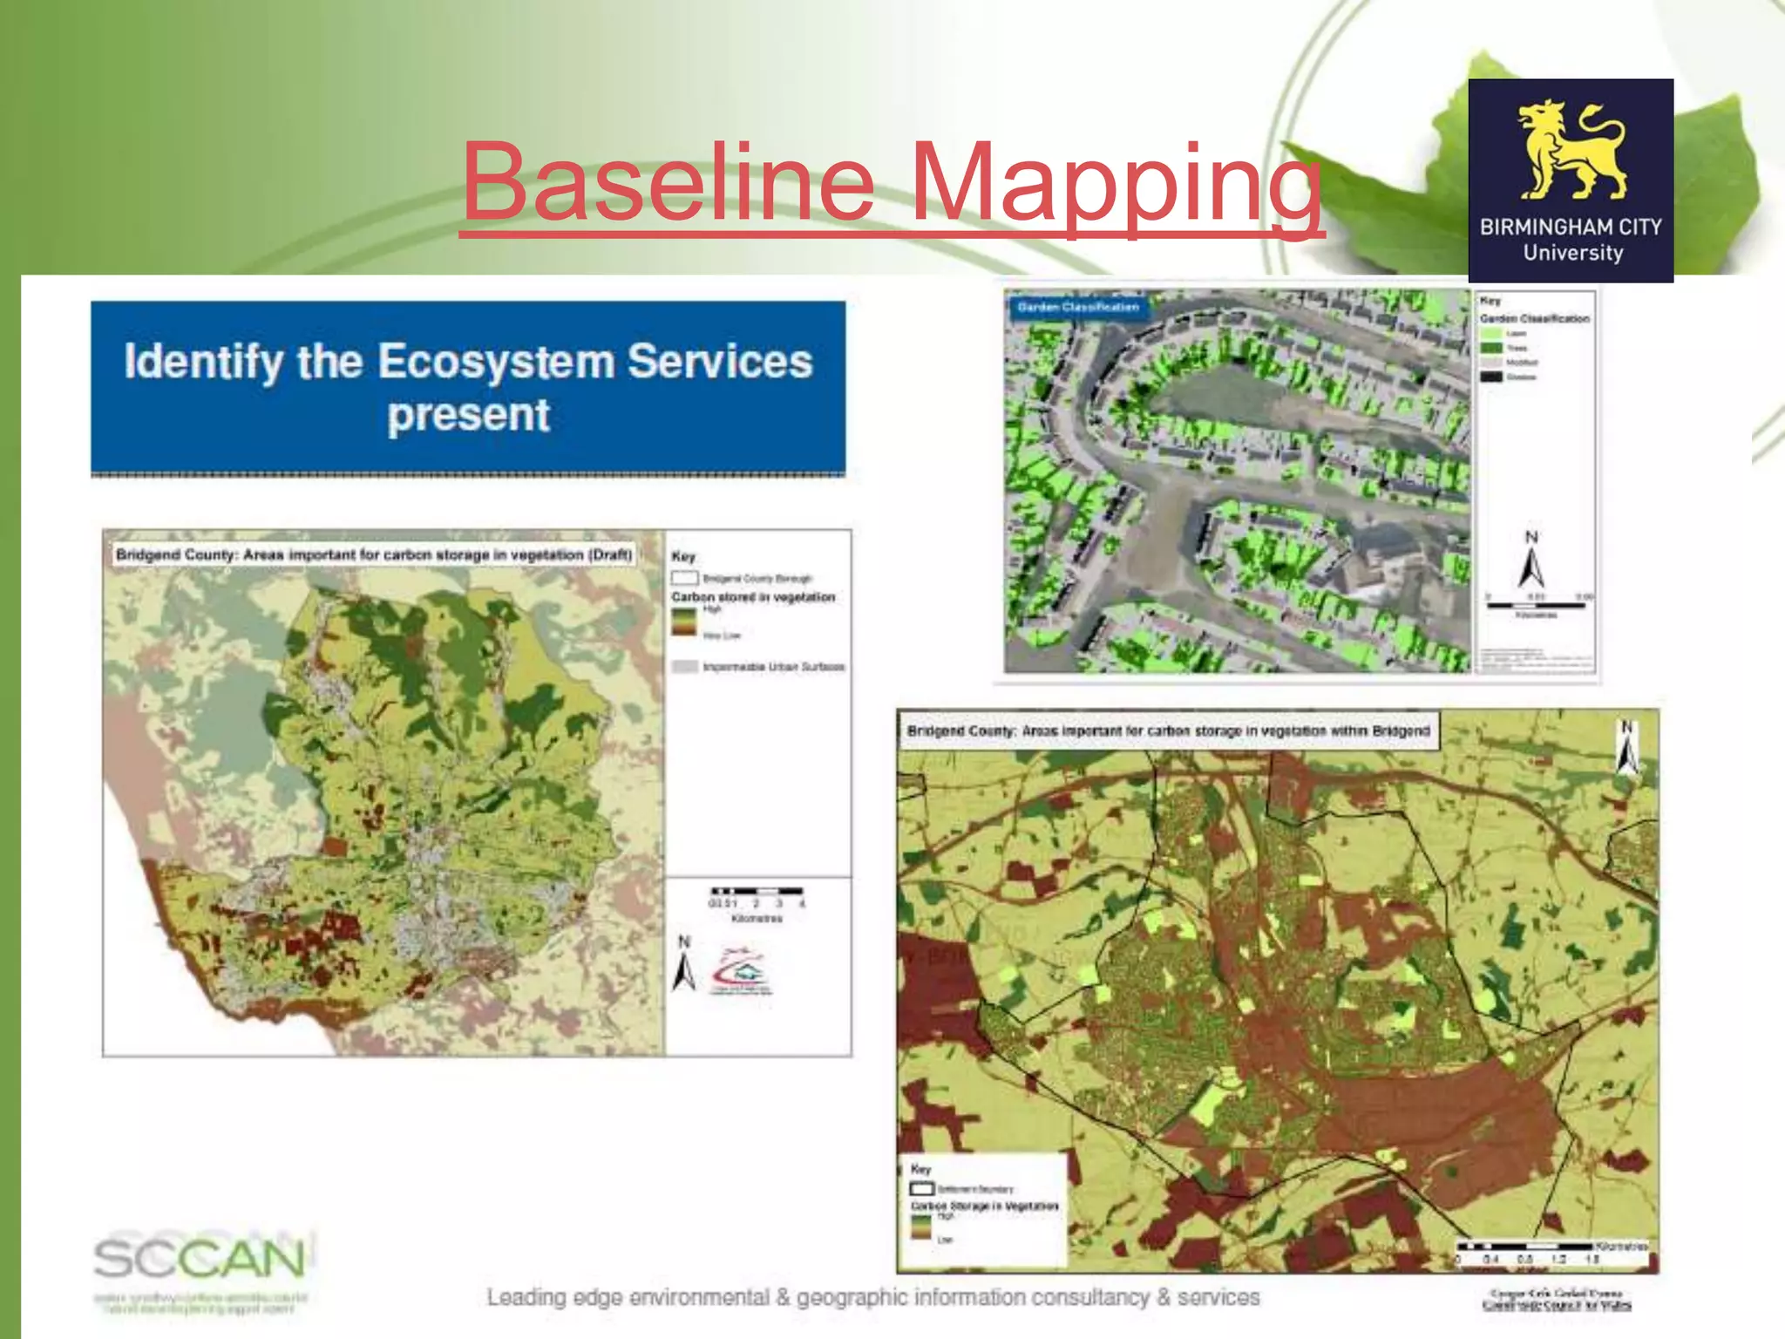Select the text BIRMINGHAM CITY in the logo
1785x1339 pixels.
(x=1571, y=227)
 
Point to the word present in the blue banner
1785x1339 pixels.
(x=468, y=415)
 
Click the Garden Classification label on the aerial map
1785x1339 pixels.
(x=1077, y=307)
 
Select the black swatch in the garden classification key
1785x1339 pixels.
(x=1491, y=377)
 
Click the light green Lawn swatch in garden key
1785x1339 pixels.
(x=1491, y=333)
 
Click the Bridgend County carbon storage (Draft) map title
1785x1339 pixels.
(x=374, y=554)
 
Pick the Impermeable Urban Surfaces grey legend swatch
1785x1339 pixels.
(x=685, y=667)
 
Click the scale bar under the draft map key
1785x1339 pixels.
(x=756, y=892)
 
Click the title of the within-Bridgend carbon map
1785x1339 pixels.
(x=1168, y=731)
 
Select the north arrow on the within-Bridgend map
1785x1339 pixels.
(x=1626, y=748)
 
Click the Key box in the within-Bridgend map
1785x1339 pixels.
(x=983, y=1208)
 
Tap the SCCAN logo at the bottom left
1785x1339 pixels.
(x=200, y=1259)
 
